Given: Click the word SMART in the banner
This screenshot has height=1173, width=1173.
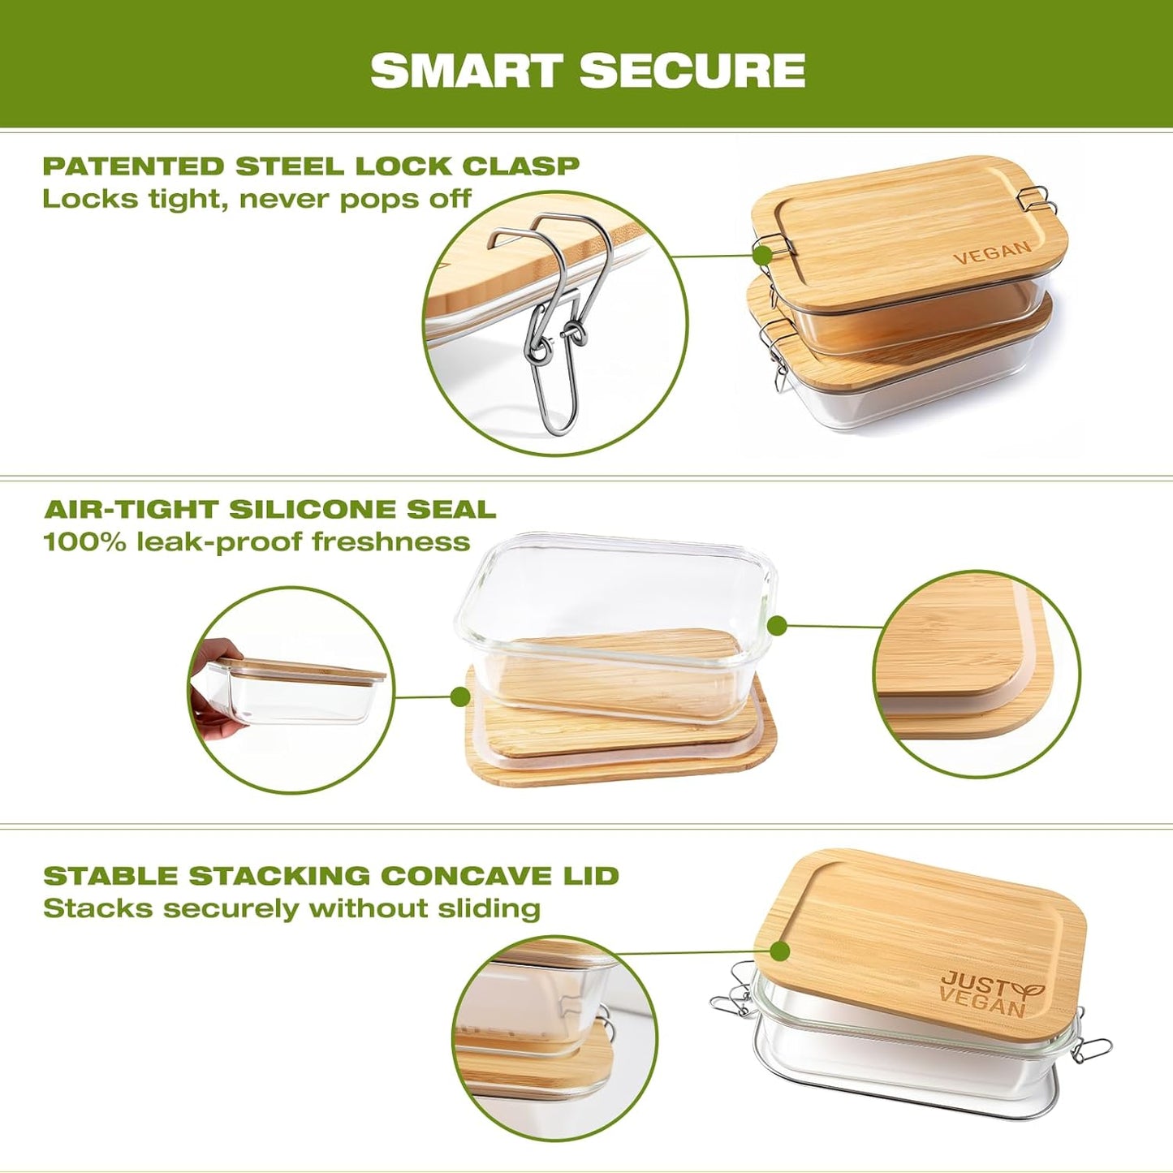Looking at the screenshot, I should click(x=467, y=71).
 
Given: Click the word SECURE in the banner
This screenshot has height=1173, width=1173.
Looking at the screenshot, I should click(x=692, y=71).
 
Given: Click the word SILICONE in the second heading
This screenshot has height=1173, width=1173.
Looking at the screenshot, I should click(x=313, y=510).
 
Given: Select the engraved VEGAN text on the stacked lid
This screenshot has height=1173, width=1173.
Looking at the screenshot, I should click(x=991, y=252).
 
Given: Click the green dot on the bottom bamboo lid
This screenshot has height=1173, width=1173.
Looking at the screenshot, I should click(x=781, y=951).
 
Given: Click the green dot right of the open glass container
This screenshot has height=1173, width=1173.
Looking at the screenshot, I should click(x=777, y=626).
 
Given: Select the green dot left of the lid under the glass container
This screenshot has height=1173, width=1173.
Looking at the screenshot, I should click(x=460, y=696).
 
